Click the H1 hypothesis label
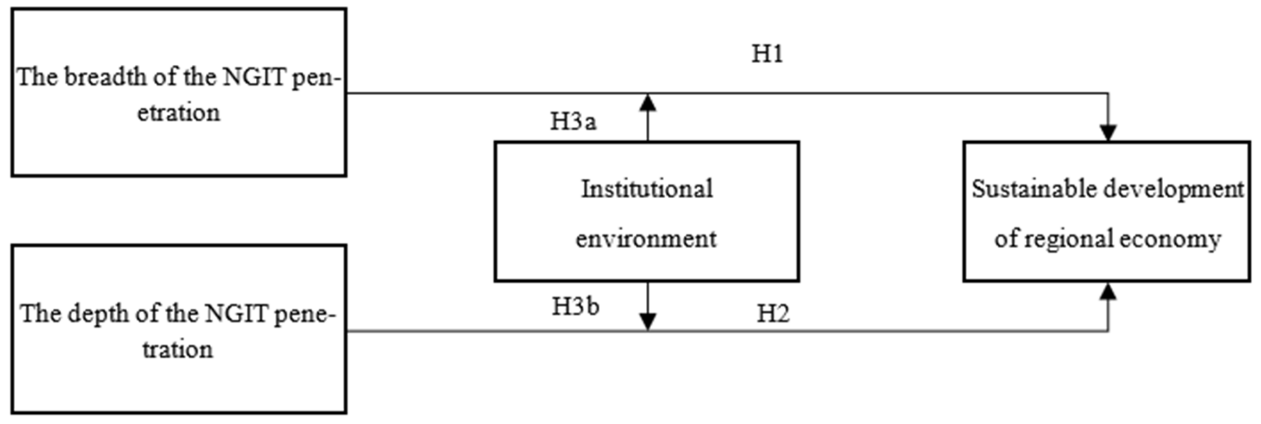(767, 54)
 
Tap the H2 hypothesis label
(773, 314)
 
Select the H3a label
(573, 122)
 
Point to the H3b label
(576, 307)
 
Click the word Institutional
(647, 189)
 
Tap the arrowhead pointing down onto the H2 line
(648, 321)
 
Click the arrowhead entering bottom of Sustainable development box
(1108, 292)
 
